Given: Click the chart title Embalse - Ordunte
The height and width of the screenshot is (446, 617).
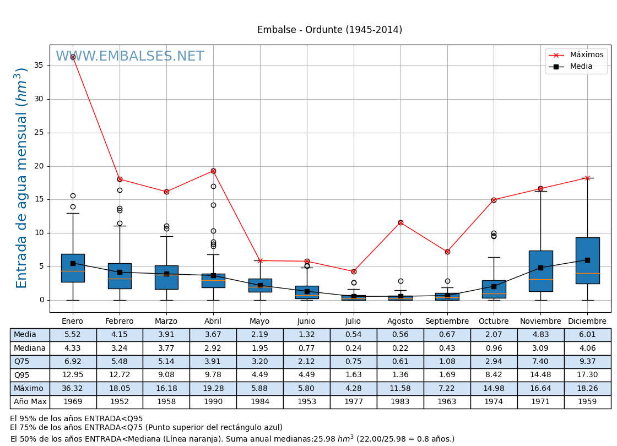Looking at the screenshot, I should (329, 30).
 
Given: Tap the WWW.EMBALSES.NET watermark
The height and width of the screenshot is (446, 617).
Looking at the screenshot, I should (130, 57).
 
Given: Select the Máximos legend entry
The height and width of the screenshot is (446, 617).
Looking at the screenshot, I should (586, 55).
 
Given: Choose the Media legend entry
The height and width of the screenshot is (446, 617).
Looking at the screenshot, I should (581, 67).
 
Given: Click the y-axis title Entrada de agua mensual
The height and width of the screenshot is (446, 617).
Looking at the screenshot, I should (22, 177).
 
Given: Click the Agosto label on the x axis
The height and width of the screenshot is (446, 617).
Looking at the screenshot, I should (400, 322).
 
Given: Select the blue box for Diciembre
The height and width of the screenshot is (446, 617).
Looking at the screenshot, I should (587, 260).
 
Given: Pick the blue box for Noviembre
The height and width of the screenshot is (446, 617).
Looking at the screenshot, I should (540, 271).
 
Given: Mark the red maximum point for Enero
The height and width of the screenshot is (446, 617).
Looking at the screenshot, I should (73, 57).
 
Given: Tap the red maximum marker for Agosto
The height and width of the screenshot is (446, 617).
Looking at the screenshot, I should (400, 222).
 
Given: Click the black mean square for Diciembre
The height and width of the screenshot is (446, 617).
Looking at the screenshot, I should (587, 260).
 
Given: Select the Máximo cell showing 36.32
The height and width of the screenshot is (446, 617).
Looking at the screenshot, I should (73, 388).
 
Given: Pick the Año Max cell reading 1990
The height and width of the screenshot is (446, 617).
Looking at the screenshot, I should (213, 402).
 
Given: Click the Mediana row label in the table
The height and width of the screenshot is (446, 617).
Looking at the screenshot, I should (30, 348).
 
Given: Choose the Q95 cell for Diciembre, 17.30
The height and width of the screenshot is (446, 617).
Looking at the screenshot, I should (587, 375).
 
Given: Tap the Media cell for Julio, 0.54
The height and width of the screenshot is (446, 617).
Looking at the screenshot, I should (353, 335).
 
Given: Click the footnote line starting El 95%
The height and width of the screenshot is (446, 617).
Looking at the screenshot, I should (77, 419).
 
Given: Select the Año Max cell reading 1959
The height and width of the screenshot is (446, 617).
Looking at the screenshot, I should (587, 402).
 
